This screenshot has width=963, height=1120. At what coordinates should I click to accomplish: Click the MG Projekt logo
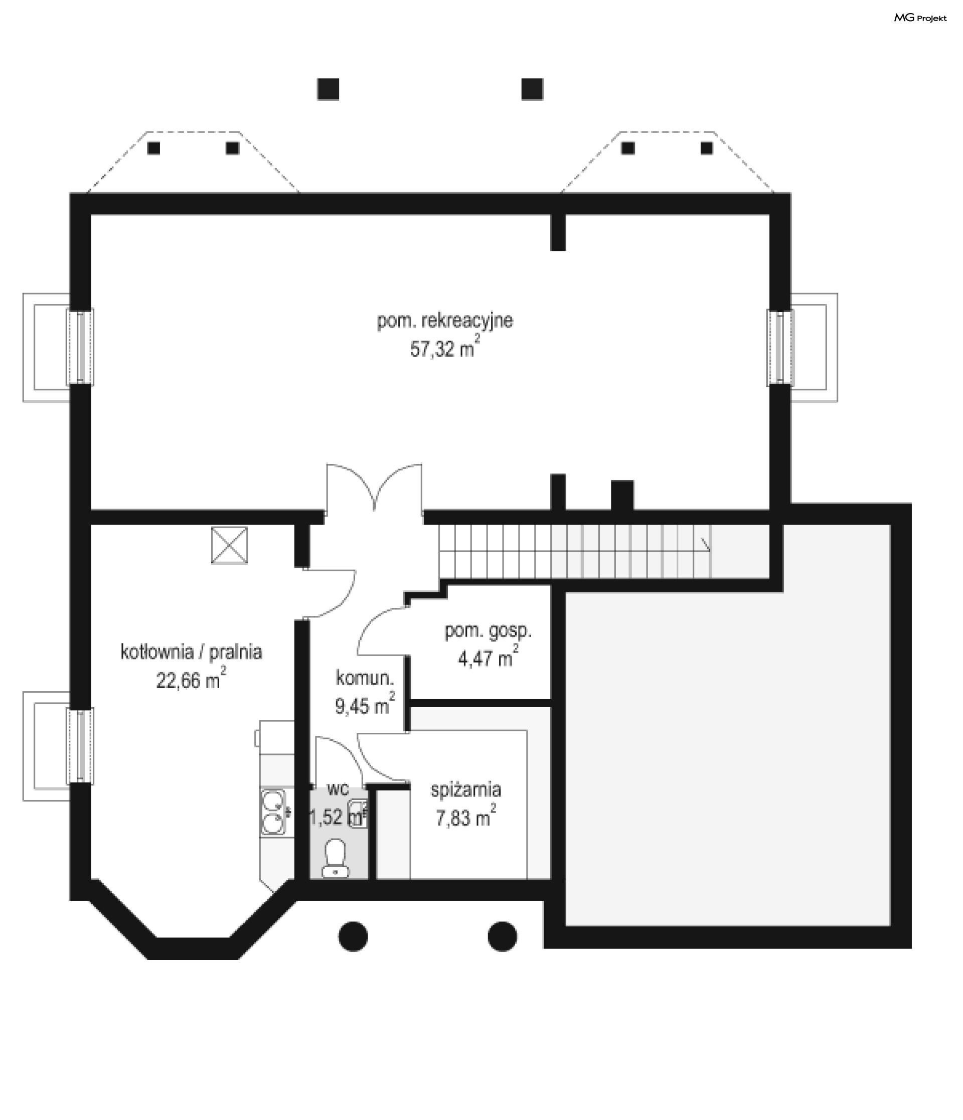coord(920,18)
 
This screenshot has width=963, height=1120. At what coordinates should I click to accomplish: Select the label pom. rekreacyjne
coord(445,321)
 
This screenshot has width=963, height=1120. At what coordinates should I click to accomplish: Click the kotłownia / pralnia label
coord(191,652)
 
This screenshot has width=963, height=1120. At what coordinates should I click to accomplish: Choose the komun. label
coord(365,678)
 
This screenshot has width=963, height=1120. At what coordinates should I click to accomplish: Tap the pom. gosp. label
coord(488,631)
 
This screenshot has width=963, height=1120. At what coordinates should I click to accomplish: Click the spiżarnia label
coord(466,790)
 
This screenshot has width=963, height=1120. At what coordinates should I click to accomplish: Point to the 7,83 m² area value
coord(466,816)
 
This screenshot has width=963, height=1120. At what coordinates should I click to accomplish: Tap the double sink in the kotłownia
coord(273,812)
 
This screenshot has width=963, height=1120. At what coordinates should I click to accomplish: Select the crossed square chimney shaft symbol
coord(229,545)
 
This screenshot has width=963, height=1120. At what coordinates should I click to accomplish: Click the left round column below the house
coord(353,936)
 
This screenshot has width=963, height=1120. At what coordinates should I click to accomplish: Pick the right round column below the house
coord(502,936)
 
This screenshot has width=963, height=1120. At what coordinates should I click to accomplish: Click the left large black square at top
coord(328,89)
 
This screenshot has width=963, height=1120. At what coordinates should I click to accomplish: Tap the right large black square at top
coord(532,89)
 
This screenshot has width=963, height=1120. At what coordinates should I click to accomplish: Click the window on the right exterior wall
coord(780,348)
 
